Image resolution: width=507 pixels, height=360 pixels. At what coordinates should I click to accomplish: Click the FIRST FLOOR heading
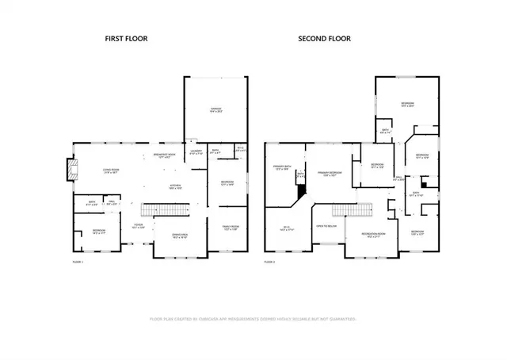tap(128, 39)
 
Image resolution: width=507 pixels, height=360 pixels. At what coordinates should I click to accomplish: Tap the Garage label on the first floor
tap(215, 110)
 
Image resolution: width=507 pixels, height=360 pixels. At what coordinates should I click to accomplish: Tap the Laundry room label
tap(196, 151)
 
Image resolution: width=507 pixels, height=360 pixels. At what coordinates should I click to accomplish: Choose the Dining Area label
tap(180, 236)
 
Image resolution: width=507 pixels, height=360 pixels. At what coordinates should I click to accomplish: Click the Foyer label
tap(138, 226)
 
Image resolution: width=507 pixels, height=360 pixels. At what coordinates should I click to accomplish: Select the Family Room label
tap(229, 228)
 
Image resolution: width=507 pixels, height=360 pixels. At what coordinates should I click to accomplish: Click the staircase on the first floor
tap(167, 209)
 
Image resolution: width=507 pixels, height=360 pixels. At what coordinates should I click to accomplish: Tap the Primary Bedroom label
tap(330, 174)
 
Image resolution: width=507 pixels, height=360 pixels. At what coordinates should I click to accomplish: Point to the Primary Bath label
tap(282, 168)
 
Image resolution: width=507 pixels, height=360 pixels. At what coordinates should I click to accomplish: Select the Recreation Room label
tap(373, 235)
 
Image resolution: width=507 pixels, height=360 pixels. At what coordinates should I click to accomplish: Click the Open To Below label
tap(326, 226)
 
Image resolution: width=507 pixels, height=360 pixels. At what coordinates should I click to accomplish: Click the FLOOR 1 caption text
tap(78, 261)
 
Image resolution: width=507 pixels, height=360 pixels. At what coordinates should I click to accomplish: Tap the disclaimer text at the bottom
tap(253, 319)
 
